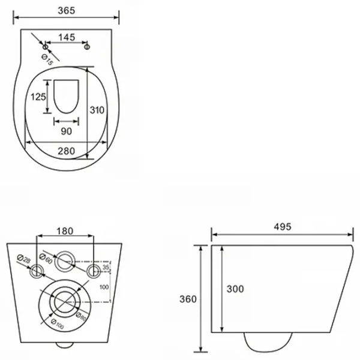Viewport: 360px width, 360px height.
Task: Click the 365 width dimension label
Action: point(67,11)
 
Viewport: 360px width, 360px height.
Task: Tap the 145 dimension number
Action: point(67,37)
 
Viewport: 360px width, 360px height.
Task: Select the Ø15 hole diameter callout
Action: point(47,59)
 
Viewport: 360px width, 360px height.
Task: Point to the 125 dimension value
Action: point(38,97)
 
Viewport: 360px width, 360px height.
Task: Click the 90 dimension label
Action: point(67,131)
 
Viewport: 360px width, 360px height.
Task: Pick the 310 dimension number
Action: point(97,110)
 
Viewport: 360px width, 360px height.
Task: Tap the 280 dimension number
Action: point(66,151)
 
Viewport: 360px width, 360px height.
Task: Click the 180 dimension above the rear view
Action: point(65,231)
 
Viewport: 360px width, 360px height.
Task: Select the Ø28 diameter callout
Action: point(23,259)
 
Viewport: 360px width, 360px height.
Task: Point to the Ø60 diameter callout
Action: point(46,259)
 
